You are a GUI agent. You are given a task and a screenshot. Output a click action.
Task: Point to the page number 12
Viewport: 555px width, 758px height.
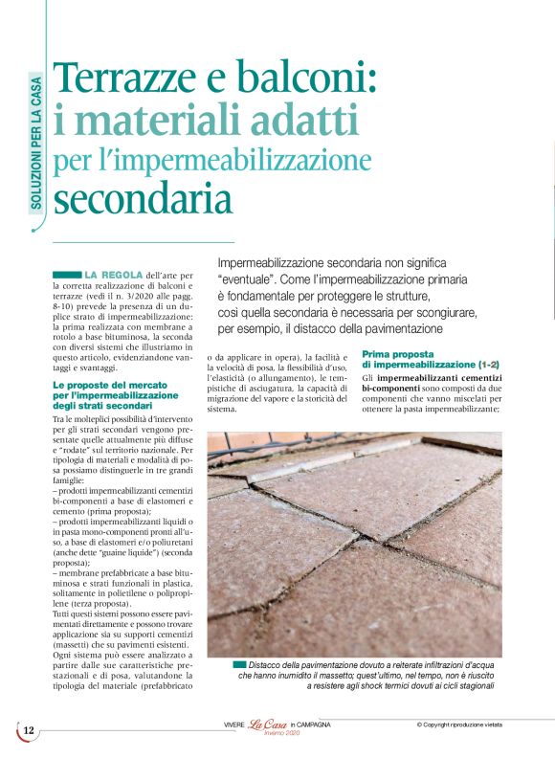click(x=29, y=730)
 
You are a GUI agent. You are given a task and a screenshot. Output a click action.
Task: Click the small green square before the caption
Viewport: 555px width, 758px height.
click(x=237, y=664)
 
